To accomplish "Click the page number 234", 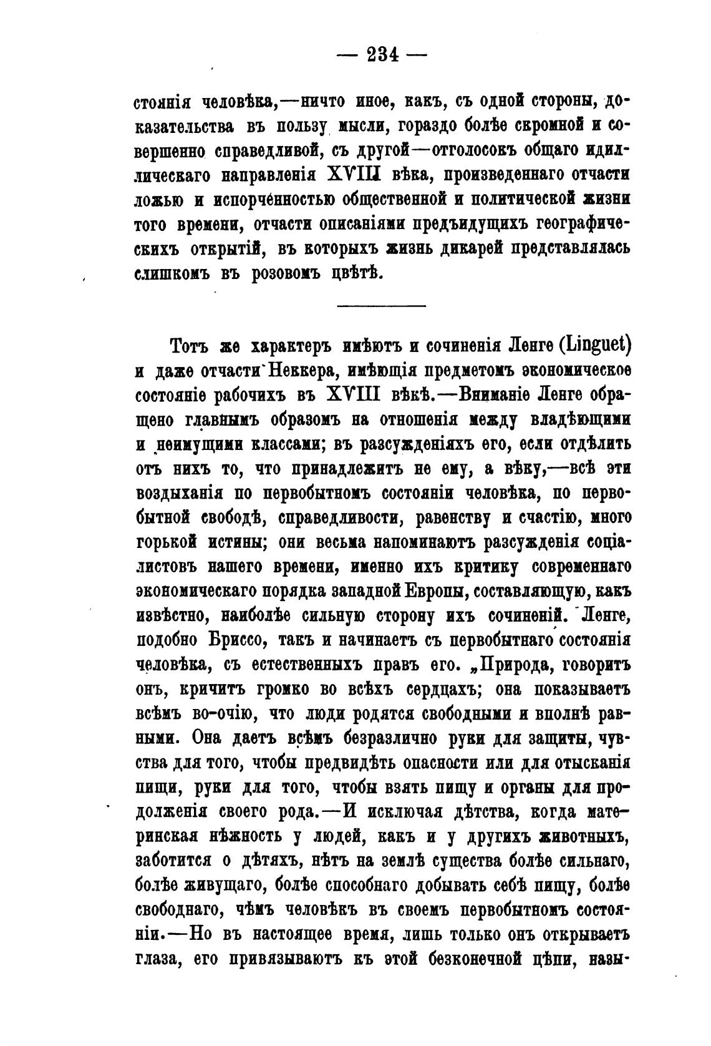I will pyautogui.click(x=382, y=54).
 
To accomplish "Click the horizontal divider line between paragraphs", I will pyautogui.click(x=381, y=305).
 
